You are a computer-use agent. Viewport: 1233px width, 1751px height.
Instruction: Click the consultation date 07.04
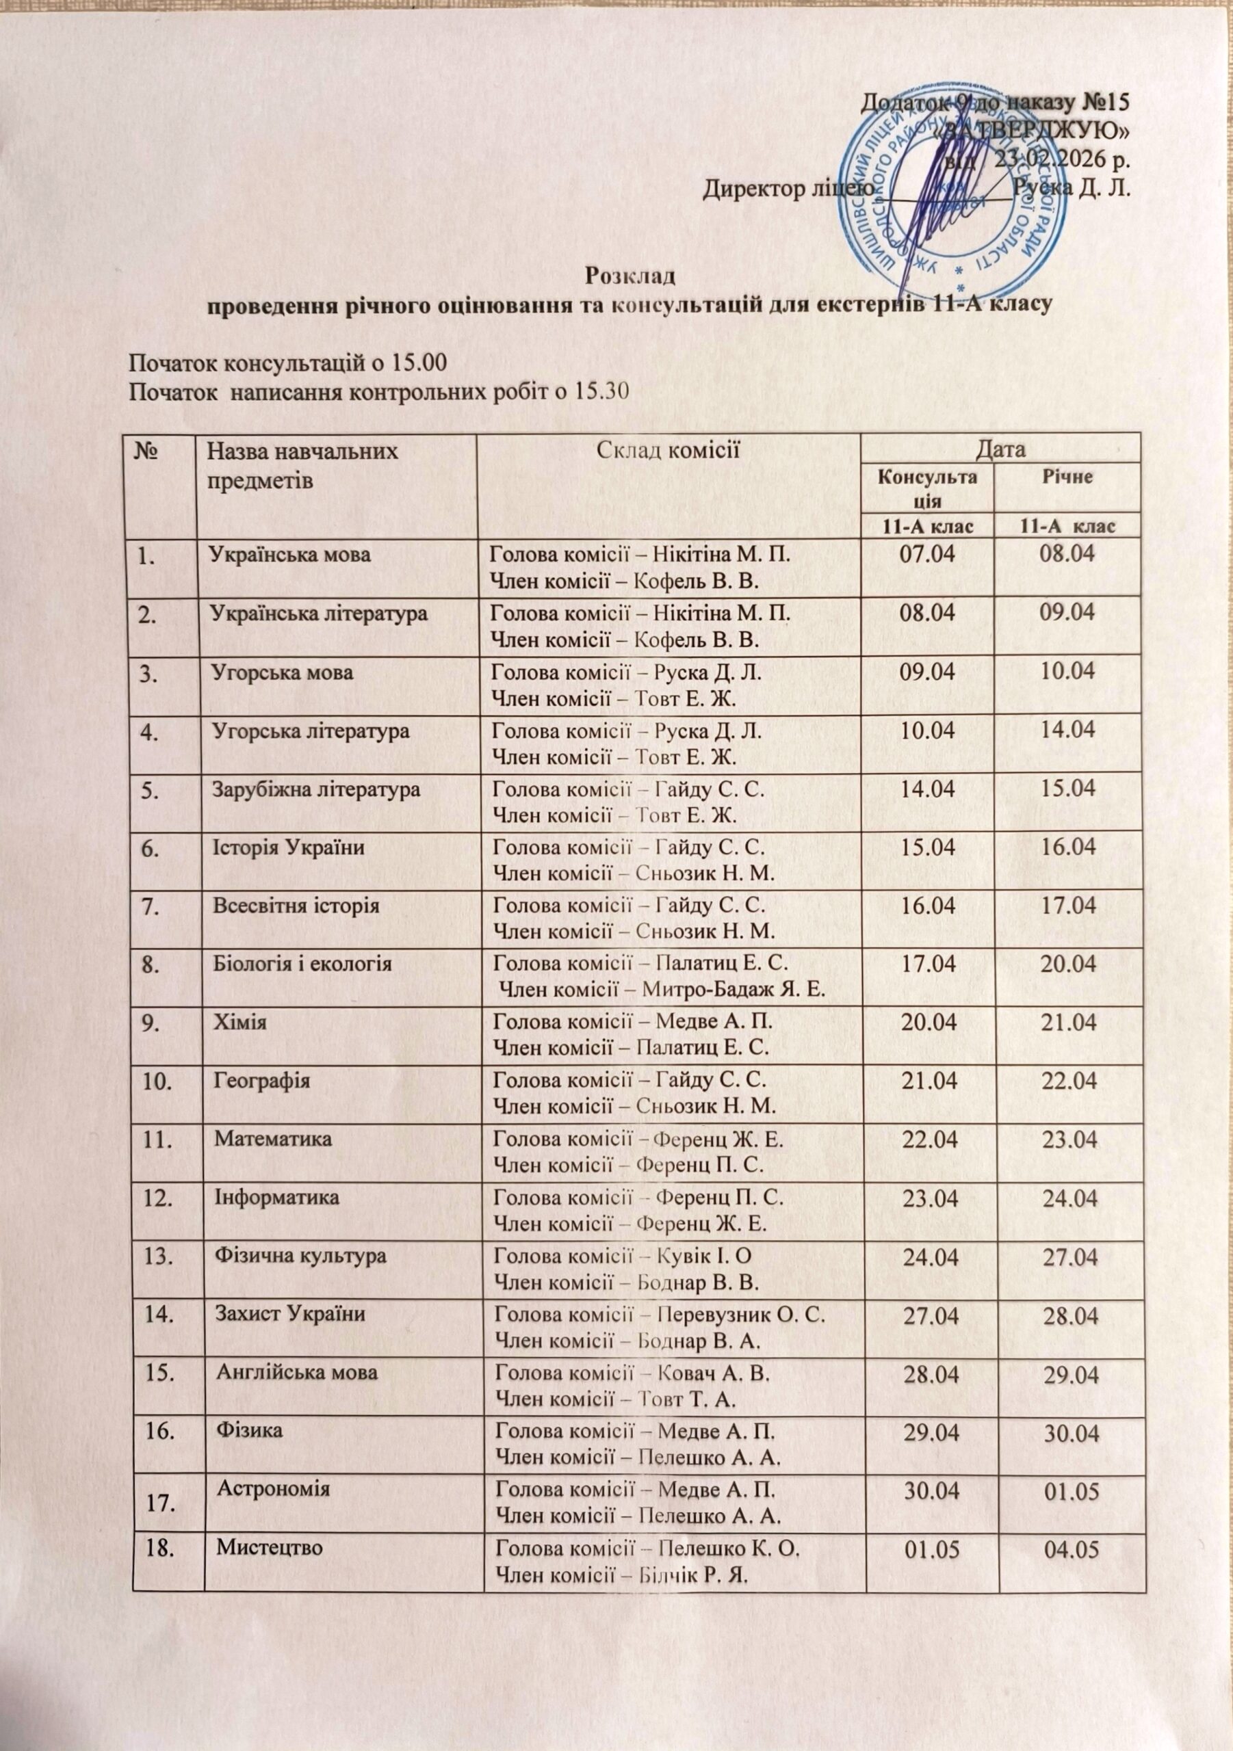coord(927,555)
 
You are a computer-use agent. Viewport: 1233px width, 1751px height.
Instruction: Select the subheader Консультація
coord(926,488)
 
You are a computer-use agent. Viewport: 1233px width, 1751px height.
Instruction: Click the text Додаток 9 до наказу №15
coord(996,101)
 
